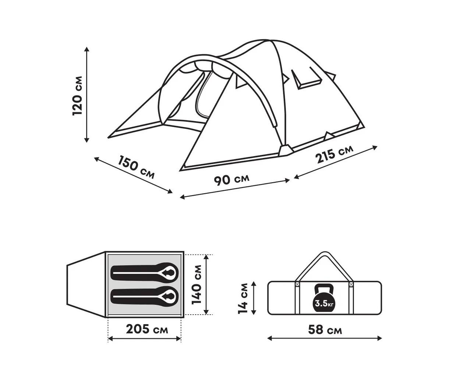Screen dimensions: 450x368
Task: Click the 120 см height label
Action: click(x=77, y=96)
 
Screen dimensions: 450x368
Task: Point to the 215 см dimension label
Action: click(x=334, y=154)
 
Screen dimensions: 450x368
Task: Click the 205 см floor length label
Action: click(x=147, y=329)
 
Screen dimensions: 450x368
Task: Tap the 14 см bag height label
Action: click(x=243, y=298)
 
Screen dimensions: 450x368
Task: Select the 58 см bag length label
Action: click(x=325, y=330)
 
